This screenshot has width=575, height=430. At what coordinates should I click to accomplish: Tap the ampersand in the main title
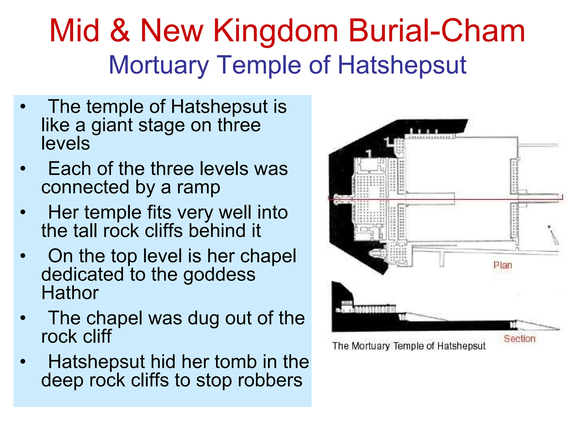point(120,31)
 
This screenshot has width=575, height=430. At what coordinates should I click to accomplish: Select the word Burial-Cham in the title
point(437,31)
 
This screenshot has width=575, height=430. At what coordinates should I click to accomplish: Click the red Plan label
point(503,265)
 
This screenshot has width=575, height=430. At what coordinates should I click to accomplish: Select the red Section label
point(520,339)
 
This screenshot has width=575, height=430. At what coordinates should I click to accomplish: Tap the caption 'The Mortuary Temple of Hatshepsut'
point(409,346)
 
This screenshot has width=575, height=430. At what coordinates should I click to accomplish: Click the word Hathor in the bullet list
point(70,293)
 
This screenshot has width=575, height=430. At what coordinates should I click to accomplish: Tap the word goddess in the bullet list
point(219,275)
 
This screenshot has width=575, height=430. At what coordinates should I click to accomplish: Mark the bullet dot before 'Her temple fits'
point(23,212)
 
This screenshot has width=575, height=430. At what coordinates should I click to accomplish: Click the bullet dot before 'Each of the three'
point(23,169)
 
